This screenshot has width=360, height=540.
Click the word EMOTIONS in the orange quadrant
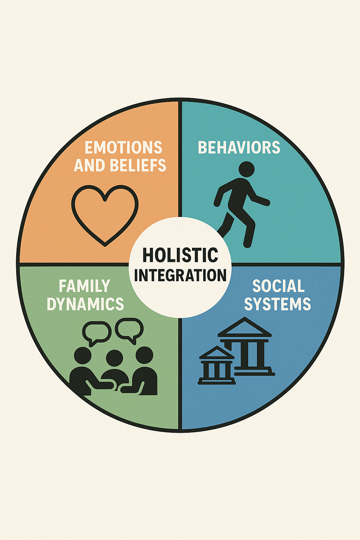tap(123, 148)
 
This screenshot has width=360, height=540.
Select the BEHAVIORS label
tap(239, 148)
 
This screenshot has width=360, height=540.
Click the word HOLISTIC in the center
tap(180, 255)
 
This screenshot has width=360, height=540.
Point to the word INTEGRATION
tap(180, 275)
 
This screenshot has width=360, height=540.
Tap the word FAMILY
tap(84, 286)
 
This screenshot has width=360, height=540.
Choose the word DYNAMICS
tap(85, 304)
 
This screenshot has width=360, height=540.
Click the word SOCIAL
tap(278, 286)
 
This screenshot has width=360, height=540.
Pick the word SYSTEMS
tap(277, 304)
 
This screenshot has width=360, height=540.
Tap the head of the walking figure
tap(246, 169)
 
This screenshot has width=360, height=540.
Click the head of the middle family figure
tap(114, 359)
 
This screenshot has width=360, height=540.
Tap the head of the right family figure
tap(144, 355)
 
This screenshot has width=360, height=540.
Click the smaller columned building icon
tap(217, 366)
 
